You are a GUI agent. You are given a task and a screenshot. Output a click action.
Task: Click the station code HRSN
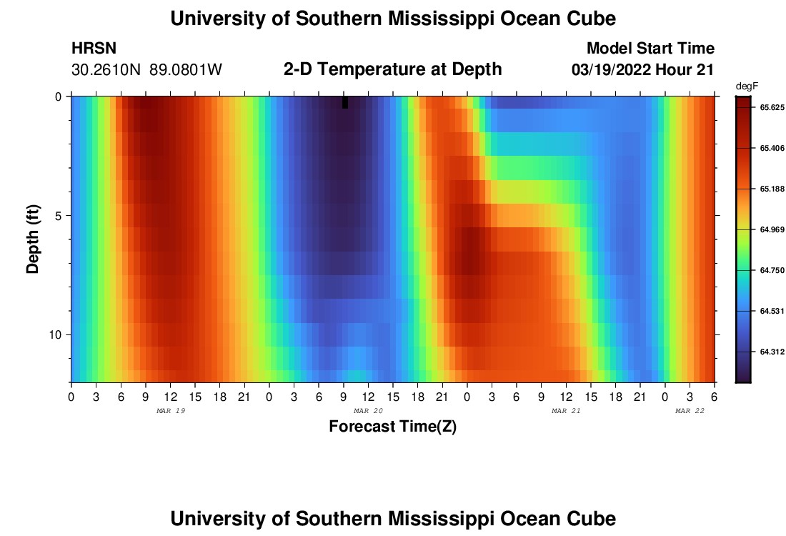[94, 49]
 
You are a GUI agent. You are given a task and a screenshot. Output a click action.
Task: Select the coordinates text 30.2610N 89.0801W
[147, 70]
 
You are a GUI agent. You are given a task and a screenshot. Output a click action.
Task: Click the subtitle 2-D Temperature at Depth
[392, 69]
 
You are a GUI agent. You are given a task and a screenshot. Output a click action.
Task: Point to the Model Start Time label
[650, 49]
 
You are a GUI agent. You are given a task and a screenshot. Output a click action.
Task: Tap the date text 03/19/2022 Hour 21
[643, 70]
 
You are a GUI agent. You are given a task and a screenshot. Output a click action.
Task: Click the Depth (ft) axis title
[33, 239]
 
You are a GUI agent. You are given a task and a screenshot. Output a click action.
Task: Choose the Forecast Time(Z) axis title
[392, 427]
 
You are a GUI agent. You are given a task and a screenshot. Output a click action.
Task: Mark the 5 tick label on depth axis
[59, 216]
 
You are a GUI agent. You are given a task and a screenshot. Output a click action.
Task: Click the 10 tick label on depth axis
[56, 335]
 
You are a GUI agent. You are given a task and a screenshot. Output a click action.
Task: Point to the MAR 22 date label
[690, 411]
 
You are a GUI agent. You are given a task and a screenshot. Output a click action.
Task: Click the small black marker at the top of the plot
[345, 102]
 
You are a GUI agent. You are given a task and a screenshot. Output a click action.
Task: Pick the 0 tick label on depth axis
[59, 96]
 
